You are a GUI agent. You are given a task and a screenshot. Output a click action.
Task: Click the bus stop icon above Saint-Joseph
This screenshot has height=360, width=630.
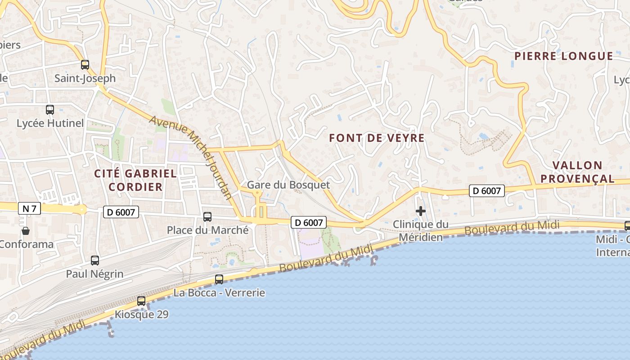pyautogui.click(x=85, y=65)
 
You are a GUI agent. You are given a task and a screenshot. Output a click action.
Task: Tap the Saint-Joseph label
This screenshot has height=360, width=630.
pyautogui.click(x=85, y=78)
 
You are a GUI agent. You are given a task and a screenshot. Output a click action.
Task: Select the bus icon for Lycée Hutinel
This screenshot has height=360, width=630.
pyautogui.click(x=50, y=109)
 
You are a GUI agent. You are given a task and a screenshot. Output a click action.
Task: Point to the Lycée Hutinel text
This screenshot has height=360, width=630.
pyautogui.click(x=50, y=123)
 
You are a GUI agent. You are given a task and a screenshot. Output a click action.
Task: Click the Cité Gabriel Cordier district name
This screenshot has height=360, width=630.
pyautogui.click(x=135, y=180)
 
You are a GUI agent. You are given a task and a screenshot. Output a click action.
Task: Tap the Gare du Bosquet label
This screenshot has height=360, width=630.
pyautogui.click(x=288, y=185)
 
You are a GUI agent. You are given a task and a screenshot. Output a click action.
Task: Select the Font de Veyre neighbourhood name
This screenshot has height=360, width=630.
pyautogui.click(x=377, y=138)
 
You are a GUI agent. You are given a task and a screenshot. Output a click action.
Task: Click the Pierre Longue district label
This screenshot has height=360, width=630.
pyautogui.click(x=563, y=56)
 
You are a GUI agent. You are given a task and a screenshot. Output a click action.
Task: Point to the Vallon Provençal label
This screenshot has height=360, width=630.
pyautogui.click(x=577, y=172)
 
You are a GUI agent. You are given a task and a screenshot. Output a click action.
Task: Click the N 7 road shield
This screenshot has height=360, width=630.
pyautogui.click(x=29, y=208)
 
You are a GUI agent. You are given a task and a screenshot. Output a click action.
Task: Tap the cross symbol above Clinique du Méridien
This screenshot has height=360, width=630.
pyautogui.click(x=421, y=211)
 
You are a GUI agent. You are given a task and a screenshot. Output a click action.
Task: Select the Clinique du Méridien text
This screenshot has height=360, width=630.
pyautogui.click(x=421, y=230)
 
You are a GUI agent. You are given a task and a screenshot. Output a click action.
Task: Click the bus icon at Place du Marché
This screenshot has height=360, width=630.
pyautogui.click(x=207, y=217)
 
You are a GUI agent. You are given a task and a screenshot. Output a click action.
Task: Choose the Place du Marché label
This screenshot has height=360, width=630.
pyautogui.click(x=207, y=230)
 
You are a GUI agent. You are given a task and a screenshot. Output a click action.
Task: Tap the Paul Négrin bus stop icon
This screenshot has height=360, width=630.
pyautogui.click(x=95, y=260)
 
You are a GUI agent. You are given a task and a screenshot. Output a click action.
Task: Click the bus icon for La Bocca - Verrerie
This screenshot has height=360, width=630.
pyautogui.click(x=219, y=279)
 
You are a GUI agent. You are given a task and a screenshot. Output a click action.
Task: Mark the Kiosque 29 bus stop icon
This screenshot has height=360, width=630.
pyautogui.click(x=141, y=301)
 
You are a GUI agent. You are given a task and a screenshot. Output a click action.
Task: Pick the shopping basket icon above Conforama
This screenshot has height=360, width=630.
pyautogui.click(x=26, y=231)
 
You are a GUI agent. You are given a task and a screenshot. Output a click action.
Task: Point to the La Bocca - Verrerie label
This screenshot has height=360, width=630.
pyautogui.click(x=219, y=293)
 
